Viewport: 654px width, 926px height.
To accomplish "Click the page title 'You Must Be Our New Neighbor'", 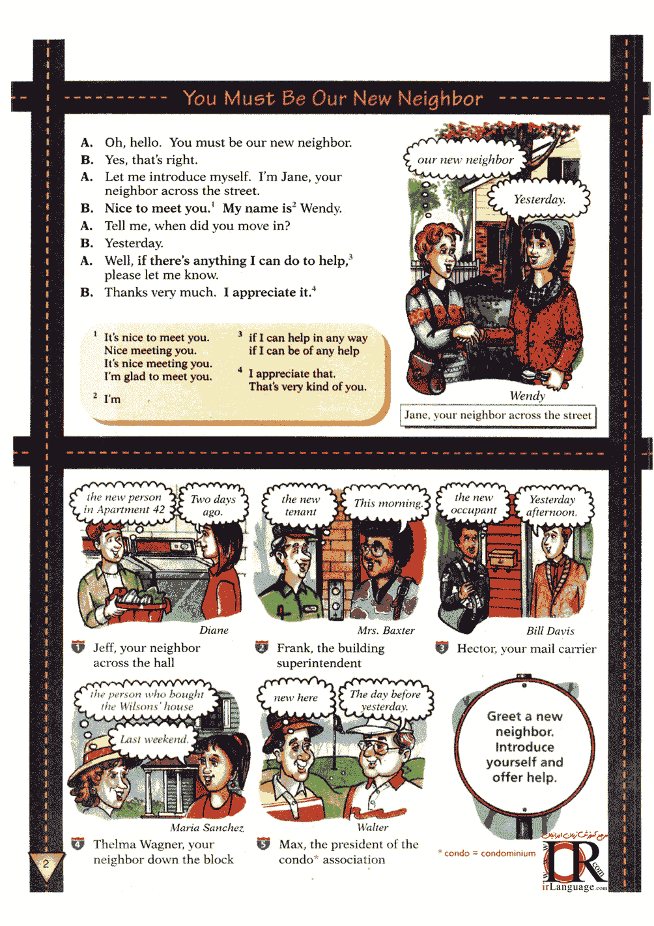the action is (x=333, y=98).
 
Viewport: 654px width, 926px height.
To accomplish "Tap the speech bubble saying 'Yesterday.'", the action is (x=539, y=200).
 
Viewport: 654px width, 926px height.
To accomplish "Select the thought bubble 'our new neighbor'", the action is (x=465, y=160).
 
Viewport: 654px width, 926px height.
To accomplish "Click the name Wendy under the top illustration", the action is (x=527, y=396).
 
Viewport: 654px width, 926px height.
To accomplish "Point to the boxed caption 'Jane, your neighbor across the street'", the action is (x=498, y=415).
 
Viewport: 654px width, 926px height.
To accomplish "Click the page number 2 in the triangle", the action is (x=46, y=863).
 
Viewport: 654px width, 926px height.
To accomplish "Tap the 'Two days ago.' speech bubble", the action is (x=213, y=505).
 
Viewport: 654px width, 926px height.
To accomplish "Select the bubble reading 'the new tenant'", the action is (x=300, y=505).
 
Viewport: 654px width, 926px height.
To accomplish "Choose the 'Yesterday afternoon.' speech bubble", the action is (x=552, y=505).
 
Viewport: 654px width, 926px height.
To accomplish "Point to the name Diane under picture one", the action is (x=214, y=630).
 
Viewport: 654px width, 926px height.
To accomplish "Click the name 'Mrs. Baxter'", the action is (x=386, y=631).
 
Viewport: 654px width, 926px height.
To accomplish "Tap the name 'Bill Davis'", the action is (x=550, y=631).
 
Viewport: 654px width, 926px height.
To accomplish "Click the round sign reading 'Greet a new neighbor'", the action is (x=524, y=747).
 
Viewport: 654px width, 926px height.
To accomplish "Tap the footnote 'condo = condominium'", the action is (x=487, y=853).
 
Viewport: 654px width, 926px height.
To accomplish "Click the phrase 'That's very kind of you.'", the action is (x=307, y=387).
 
